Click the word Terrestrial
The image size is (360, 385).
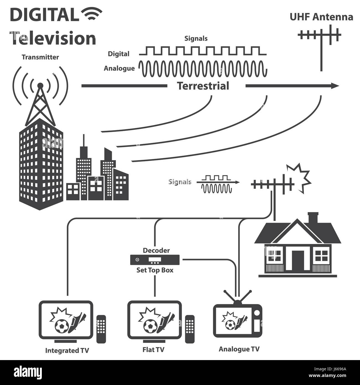pyautogui.click(x=203, y=86)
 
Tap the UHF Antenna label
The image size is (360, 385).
pyautogui.click(x=321, y=17)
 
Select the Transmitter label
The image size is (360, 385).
pyautogui.click(x=40, y=57)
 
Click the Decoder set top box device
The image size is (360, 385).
pyautogui.click(x=155, y=260)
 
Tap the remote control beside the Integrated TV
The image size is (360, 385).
pyautogui.click(x=101, y=329)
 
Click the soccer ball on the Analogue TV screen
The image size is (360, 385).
pyautogui.click(x=230, y=324)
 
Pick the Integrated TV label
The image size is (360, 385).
pyautogui.click(x=67, y=351)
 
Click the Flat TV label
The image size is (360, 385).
pyautogui.click(x=153, y=350)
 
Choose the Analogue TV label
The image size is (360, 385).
pyautogui.click(x=239, y=349)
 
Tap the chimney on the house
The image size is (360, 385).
pyautogui.click(x=313, y=218)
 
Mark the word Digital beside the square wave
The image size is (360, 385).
pyautogui.click(x=119, y=54)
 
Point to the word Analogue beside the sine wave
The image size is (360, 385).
pyautogui.click(x=119, y=68)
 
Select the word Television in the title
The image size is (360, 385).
pyautogui.click(x=53, y=38)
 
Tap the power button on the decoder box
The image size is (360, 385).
pyautogui.click(x=137, y=260)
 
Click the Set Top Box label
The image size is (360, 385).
pyautogui.click(x=155, y=270)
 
